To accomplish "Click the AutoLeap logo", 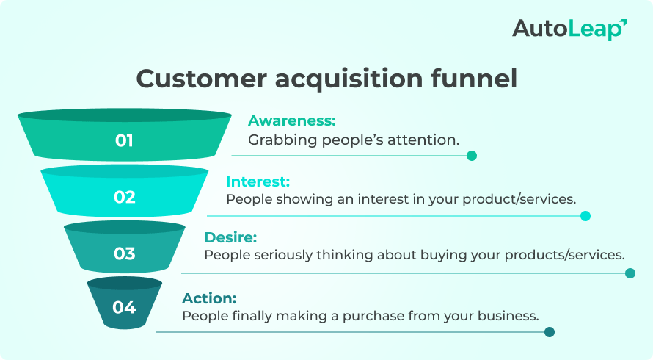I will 569,29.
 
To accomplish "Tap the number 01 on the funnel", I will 125,140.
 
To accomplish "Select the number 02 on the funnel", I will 125,197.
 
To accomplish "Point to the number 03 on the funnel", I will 125,254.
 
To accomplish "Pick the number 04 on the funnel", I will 125,307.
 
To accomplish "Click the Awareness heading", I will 291,120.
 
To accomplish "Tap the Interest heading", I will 258,181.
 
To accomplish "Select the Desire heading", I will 230,237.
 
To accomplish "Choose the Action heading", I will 209,298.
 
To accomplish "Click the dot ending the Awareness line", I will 472,156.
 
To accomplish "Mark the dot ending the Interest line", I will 585,216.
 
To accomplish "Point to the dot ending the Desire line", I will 630,273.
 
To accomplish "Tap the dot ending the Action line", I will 550,332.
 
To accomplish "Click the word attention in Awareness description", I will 424,139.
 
